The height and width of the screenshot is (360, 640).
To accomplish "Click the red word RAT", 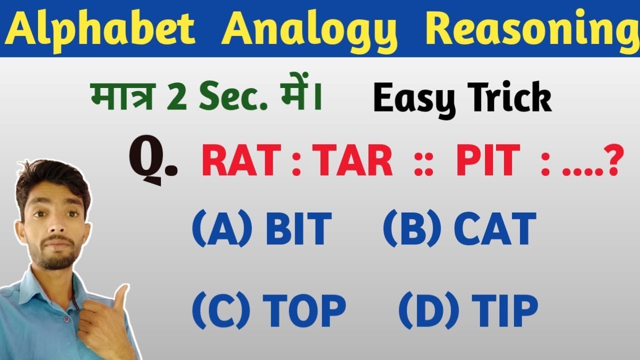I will click(240, 160).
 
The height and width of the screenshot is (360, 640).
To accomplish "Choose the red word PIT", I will click(487, 160).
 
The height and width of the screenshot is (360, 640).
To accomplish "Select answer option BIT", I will click(298, 228).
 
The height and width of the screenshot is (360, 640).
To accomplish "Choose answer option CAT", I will click(494, 228).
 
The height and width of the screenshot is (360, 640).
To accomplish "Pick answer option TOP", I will click(303, 310).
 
